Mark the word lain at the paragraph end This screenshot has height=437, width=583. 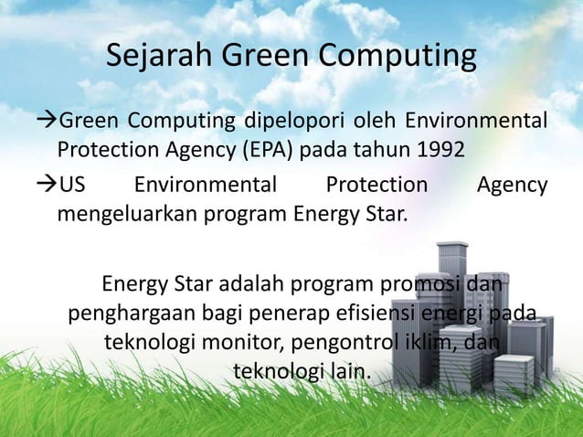pos(347,373)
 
